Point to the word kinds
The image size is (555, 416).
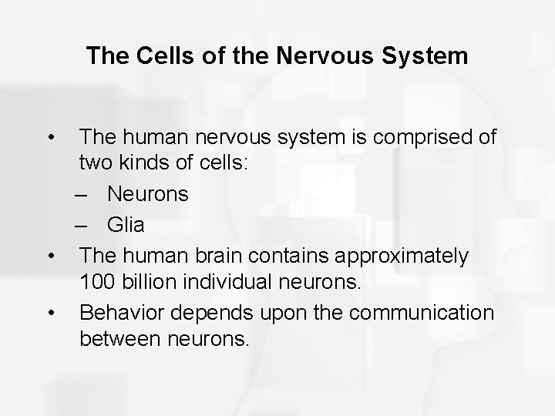[x=144, y=166]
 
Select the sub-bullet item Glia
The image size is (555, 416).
[x=125, y=226]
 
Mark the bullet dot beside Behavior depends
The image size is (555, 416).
[x=51, y=312]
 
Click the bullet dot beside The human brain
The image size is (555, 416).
[x=51, y=255]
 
